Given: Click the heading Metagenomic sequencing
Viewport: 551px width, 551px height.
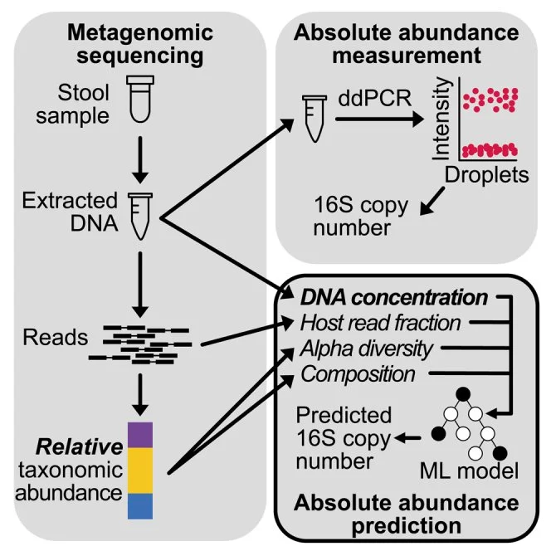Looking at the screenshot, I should tap(140, 46).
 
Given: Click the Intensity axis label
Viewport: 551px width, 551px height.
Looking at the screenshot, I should tap(443, 115).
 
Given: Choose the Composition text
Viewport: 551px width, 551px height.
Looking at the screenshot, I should tap(358, 373).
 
